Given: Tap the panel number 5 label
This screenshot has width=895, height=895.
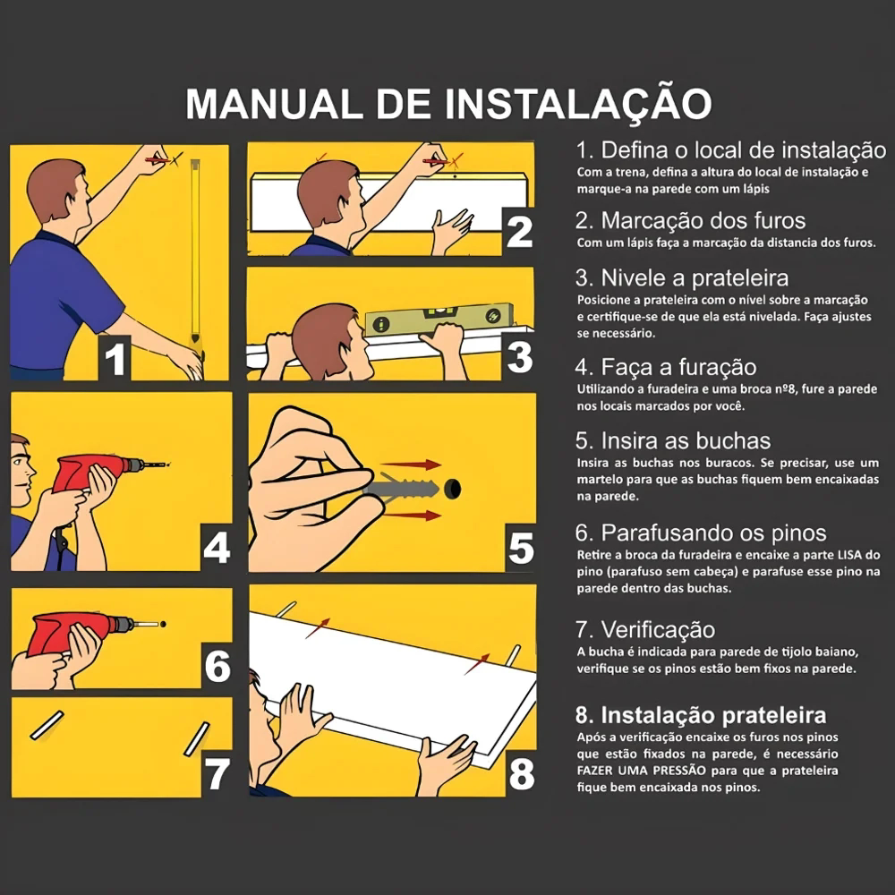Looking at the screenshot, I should (519, 548).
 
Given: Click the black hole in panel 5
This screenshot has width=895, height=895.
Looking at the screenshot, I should (454, 489).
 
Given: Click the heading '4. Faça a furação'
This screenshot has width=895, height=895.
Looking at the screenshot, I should (666, 367).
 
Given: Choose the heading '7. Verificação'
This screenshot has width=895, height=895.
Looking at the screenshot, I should (644, 629).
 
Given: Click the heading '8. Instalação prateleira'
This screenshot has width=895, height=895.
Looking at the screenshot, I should (700, 715).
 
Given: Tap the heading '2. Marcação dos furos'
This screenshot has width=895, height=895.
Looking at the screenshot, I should (690, 220).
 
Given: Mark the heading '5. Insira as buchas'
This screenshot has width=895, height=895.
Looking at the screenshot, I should (672, 441).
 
